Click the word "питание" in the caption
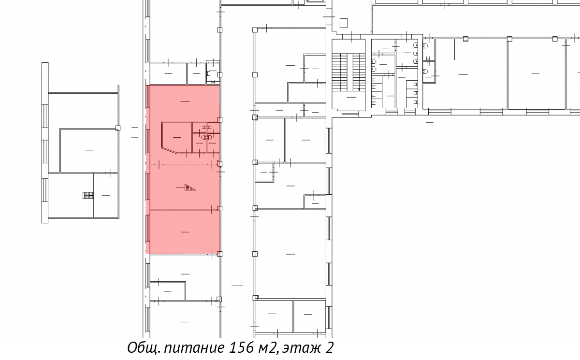point(194,348)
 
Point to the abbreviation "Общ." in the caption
point(144,348)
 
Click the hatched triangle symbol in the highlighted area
point(189,187)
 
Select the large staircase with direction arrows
point(349,72)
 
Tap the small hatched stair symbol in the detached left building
point(88,195)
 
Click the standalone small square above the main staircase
point(344,23)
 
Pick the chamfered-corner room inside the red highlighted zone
point(177,137)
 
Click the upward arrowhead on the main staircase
point(340,55)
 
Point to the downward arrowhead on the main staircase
point(359,89)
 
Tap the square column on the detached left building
point(117,128)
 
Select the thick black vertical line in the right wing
point(454,49)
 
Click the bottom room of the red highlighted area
point(185,231)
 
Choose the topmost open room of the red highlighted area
point(185,102)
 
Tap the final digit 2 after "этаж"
point(329,347)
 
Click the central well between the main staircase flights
point(350,72)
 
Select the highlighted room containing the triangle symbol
point(185,187)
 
